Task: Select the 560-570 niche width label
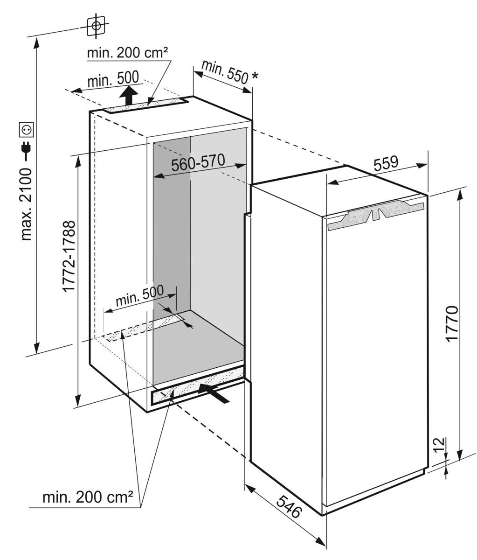(198, 162)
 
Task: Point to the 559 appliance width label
(386, 163)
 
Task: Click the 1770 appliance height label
(452, 324)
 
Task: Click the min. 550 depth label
(225, 72)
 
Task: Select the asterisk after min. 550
(254, 76)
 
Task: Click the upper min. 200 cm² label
(127, 53)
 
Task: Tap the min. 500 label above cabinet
(113, 79)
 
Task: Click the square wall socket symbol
(27, 130)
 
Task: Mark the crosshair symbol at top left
(96, 26)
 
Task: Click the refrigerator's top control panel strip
(375, 215)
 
